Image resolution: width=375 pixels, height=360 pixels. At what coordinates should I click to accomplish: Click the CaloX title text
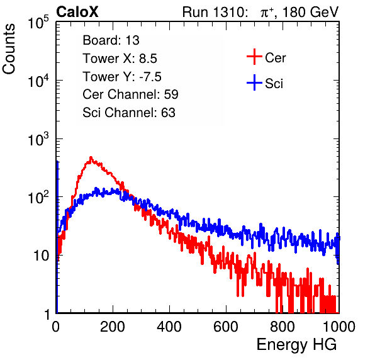(x=77, y=12)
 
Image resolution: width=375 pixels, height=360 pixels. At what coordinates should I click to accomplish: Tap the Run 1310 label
(x=215, y=12)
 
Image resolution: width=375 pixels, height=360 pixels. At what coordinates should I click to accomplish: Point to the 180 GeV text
(x=310, y=12)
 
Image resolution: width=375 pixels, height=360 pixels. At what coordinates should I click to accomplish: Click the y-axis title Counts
(x=9, y=49)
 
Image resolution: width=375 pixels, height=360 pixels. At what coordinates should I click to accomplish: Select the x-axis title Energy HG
(x=296, y=345)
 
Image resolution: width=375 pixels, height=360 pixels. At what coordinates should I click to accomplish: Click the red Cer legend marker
(x=254, y=57)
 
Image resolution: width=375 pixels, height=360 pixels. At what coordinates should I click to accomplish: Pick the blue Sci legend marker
(x=254, y=83)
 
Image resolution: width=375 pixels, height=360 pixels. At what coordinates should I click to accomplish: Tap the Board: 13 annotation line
(x=111, y=40)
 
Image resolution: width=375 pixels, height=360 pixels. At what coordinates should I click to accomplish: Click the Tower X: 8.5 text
(x=120, y=59)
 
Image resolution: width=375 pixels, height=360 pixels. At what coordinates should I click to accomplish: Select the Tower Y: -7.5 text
(x=122, y=77)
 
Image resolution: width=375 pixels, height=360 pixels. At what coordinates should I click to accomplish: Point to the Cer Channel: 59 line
(x=130, y=94)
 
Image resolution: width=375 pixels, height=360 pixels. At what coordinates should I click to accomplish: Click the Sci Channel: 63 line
(x=129, y=113)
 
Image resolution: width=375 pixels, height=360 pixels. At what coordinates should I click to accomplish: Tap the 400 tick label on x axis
(x=169, y=327)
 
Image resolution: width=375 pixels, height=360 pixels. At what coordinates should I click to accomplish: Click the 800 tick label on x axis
(x=283, y=327)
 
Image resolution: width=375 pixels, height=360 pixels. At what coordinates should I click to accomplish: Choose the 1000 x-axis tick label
(x=339, y=327)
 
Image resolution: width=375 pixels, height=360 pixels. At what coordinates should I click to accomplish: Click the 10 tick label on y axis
(x=42, y=256)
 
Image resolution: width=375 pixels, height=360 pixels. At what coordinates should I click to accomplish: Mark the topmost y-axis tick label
(x=38, y=23)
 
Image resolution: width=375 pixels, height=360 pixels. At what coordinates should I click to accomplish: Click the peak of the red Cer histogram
(x=91, y=157)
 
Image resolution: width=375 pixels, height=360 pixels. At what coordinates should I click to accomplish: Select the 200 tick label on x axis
(x=113, y=327)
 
